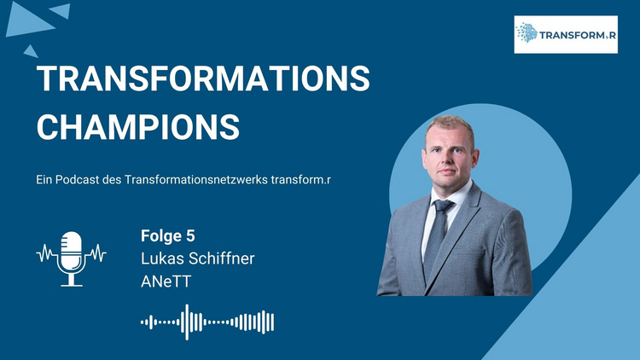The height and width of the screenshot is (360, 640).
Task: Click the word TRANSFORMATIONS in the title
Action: (203, 78)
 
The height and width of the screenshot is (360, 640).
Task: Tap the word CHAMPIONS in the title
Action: (138, 127)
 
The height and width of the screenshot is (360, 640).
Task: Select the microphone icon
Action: (72, 258)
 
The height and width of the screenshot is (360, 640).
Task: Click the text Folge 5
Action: (168, 236)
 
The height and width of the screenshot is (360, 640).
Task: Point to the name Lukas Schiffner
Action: (198, 258)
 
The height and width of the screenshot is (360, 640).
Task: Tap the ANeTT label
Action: (166, 282)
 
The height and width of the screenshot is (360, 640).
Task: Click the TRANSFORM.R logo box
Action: (566, 35)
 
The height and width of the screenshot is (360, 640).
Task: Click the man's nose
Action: (447, 160)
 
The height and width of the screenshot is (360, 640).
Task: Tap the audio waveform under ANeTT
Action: (207, 322)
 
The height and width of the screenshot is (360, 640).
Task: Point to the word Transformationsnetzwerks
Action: (196, 180)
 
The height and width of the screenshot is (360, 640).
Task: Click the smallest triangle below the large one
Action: (31, 52)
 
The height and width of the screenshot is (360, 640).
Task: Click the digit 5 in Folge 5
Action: (190, 236)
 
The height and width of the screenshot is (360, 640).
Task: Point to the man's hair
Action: (450, 125)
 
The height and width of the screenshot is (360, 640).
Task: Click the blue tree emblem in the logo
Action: (527, 32)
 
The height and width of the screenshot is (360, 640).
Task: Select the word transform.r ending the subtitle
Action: (300, 180)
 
